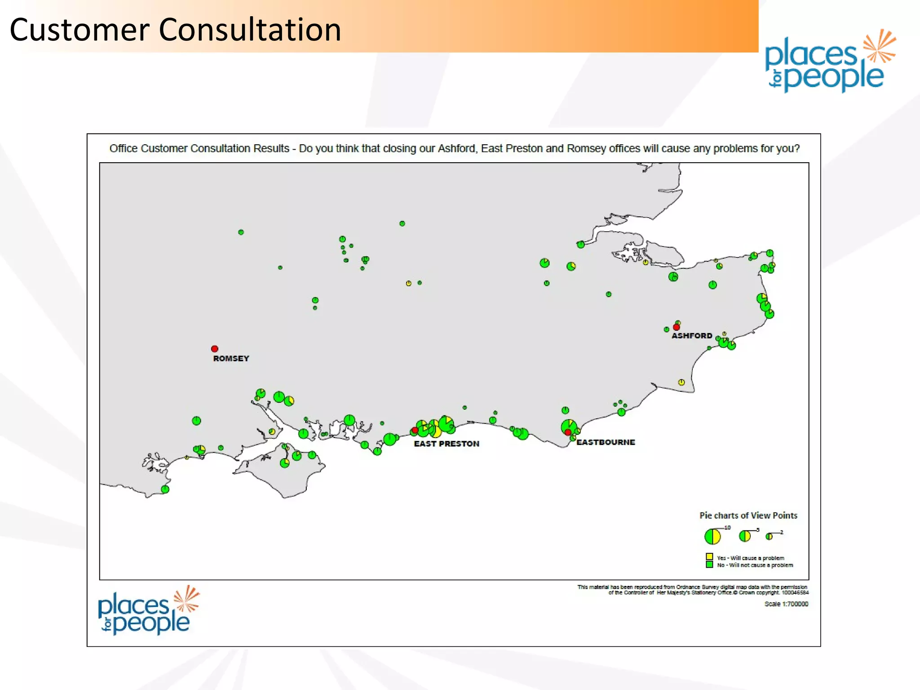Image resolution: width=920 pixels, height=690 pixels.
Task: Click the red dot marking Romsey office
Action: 215,349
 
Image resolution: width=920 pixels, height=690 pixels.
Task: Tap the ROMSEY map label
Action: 231,358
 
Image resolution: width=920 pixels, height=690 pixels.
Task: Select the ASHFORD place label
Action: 692,336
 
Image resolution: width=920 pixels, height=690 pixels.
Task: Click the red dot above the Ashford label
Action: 677,327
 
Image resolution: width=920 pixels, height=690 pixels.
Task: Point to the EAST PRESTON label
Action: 447,444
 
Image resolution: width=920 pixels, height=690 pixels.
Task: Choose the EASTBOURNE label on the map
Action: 606,442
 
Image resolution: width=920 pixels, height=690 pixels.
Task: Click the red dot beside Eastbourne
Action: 568,432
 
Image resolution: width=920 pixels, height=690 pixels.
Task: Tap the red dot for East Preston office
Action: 415,430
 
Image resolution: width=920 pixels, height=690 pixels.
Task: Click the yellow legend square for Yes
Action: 709,557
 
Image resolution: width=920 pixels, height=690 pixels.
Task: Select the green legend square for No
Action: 709,564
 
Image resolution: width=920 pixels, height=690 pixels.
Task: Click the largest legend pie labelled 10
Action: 712,536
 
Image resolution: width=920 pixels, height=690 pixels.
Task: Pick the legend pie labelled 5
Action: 745,536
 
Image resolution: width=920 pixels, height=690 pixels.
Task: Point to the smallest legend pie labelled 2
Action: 769,536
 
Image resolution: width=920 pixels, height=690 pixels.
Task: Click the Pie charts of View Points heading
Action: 748,516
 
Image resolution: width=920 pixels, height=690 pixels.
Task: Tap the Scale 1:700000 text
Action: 786,604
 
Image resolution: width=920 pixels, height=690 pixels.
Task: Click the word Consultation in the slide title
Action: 250,30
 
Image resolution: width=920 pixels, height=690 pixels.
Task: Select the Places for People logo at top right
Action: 829,62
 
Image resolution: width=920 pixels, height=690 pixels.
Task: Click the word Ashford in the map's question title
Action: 456,149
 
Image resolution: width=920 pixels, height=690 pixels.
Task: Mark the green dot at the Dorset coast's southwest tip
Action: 165,489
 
